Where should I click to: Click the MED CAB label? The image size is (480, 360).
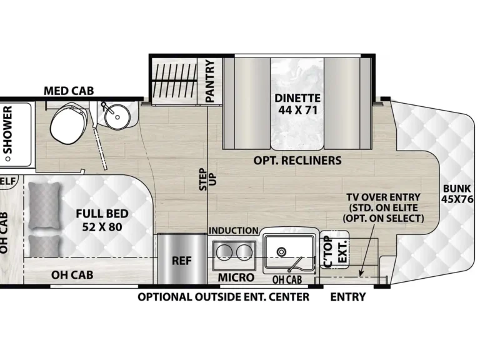(69, 91)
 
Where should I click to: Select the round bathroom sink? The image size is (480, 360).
(116, 116)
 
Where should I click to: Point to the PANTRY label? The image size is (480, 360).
(210, 81)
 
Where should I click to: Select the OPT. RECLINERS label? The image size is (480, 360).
(297, 161)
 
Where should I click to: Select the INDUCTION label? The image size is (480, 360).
(233, 231)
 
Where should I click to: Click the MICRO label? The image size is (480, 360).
(236, 277)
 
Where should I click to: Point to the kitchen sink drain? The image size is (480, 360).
(281, 252)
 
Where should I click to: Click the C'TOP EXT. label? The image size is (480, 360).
(334, 251)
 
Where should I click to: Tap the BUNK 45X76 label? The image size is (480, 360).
(458, 194)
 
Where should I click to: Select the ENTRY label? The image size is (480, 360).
(348, 297)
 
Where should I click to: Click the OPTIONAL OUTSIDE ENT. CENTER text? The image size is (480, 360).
(224, 297)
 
